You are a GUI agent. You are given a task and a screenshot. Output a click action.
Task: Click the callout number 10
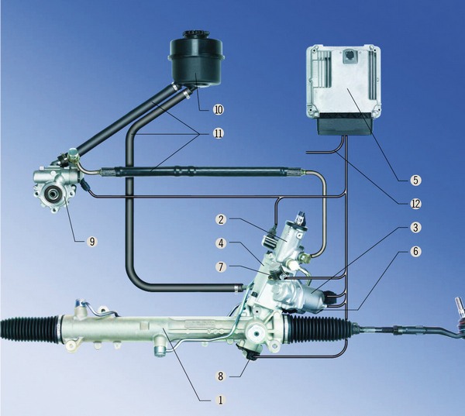click(218, 110)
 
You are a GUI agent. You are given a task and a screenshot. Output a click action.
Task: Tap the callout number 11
click(218, 134)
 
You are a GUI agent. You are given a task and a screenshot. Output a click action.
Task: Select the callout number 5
click(415, 180)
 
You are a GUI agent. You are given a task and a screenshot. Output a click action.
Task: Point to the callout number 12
click(415, 204)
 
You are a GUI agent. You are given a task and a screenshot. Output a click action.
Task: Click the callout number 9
click(92, 242)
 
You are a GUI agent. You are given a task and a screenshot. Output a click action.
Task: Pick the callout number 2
click(221, 220)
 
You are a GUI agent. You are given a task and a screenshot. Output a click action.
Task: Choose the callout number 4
click(221, 243)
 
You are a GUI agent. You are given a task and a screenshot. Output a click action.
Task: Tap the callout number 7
click(221, 266)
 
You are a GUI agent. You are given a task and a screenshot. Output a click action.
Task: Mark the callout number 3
click(415, 228)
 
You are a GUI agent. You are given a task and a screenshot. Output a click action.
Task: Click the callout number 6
click(415, 252)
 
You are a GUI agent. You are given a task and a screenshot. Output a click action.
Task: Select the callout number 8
click(220, 376)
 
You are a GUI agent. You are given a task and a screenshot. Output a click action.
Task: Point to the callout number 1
click(220, 401)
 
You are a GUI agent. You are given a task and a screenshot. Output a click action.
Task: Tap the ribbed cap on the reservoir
click(196, 35)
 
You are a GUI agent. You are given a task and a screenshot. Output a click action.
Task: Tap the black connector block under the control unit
click(344, 124)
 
